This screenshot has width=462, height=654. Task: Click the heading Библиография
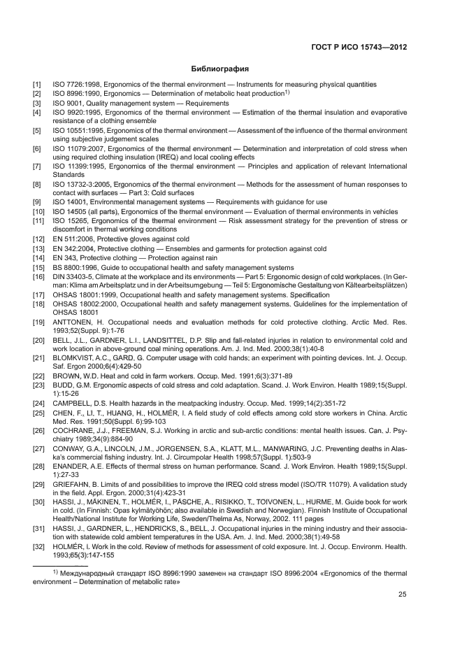[x=220, y=69]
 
